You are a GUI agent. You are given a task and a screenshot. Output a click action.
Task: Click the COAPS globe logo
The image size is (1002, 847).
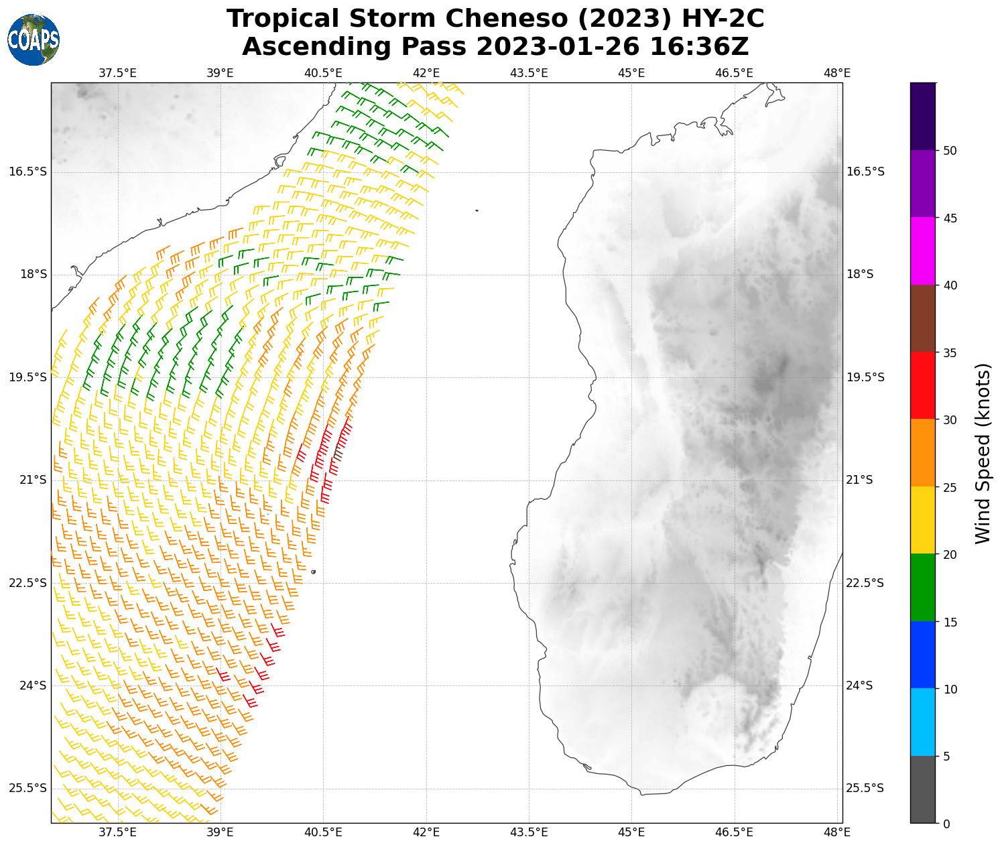point(34,40)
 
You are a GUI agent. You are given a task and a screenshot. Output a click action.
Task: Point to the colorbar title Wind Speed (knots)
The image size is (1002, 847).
point(982,453)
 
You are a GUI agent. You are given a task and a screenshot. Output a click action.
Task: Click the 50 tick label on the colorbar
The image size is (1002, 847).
point(949,151)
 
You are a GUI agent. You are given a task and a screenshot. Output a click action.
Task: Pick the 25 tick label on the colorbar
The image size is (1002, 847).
point(949,487)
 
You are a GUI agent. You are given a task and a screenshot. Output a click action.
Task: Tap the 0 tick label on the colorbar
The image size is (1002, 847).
point(946,824)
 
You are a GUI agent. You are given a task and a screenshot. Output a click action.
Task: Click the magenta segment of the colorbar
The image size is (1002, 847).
point(923,251)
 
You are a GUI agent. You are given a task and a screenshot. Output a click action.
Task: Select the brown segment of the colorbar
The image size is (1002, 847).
point(923,318)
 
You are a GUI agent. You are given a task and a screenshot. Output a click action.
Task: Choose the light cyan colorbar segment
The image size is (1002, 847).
point(923,722)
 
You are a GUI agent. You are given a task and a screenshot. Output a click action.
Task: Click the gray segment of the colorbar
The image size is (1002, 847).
point(923,789)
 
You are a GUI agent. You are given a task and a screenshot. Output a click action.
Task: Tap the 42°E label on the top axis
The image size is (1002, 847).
point(426,72)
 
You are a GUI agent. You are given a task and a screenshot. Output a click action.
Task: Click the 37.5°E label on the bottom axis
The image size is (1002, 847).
point(117,832)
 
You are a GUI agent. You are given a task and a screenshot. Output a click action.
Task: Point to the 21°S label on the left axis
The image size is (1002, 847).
point(34,480)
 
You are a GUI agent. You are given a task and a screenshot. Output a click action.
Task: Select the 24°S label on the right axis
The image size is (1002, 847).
point(860,686)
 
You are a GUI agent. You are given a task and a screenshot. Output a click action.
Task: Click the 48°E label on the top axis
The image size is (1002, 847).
point(837,72)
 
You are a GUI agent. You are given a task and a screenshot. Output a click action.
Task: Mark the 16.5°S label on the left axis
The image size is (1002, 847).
point(28,172)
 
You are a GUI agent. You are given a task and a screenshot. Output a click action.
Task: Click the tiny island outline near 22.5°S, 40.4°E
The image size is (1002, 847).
point(313,572)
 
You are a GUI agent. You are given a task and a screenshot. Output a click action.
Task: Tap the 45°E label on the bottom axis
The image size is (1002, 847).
point(631,832)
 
